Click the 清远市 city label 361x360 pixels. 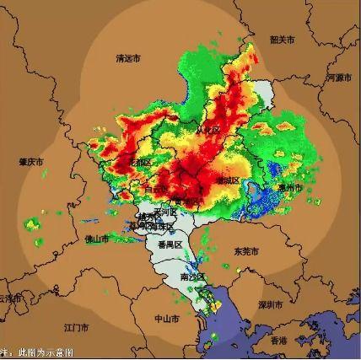(x=128, y=58)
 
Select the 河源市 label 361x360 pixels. (x=337, y=77)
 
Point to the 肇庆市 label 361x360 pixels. (x=31, y=161)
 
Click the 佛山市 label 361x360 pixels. (x=96, y=239)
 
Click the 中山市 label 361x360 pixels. (x=166, y=320)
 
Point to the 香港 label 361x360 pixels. (x=278, y=340)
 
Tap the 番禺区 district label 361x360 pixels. (x=171, y=244)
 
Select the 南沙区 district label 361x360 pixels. (x=191, y=277)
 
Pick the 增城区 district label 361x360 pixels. (x=228, y=180)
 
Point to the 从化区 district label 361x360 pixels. (x=207, y=131)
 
